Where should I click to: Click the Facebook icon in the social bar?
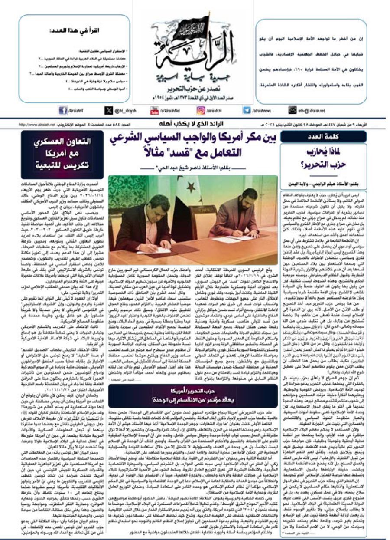click(62, 111)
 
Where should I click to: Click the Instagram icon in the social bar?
click(201, 111)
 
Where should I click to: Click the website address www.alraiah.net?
click(39, 125)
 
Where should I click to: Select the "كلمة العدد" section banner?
click(324, 137)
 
